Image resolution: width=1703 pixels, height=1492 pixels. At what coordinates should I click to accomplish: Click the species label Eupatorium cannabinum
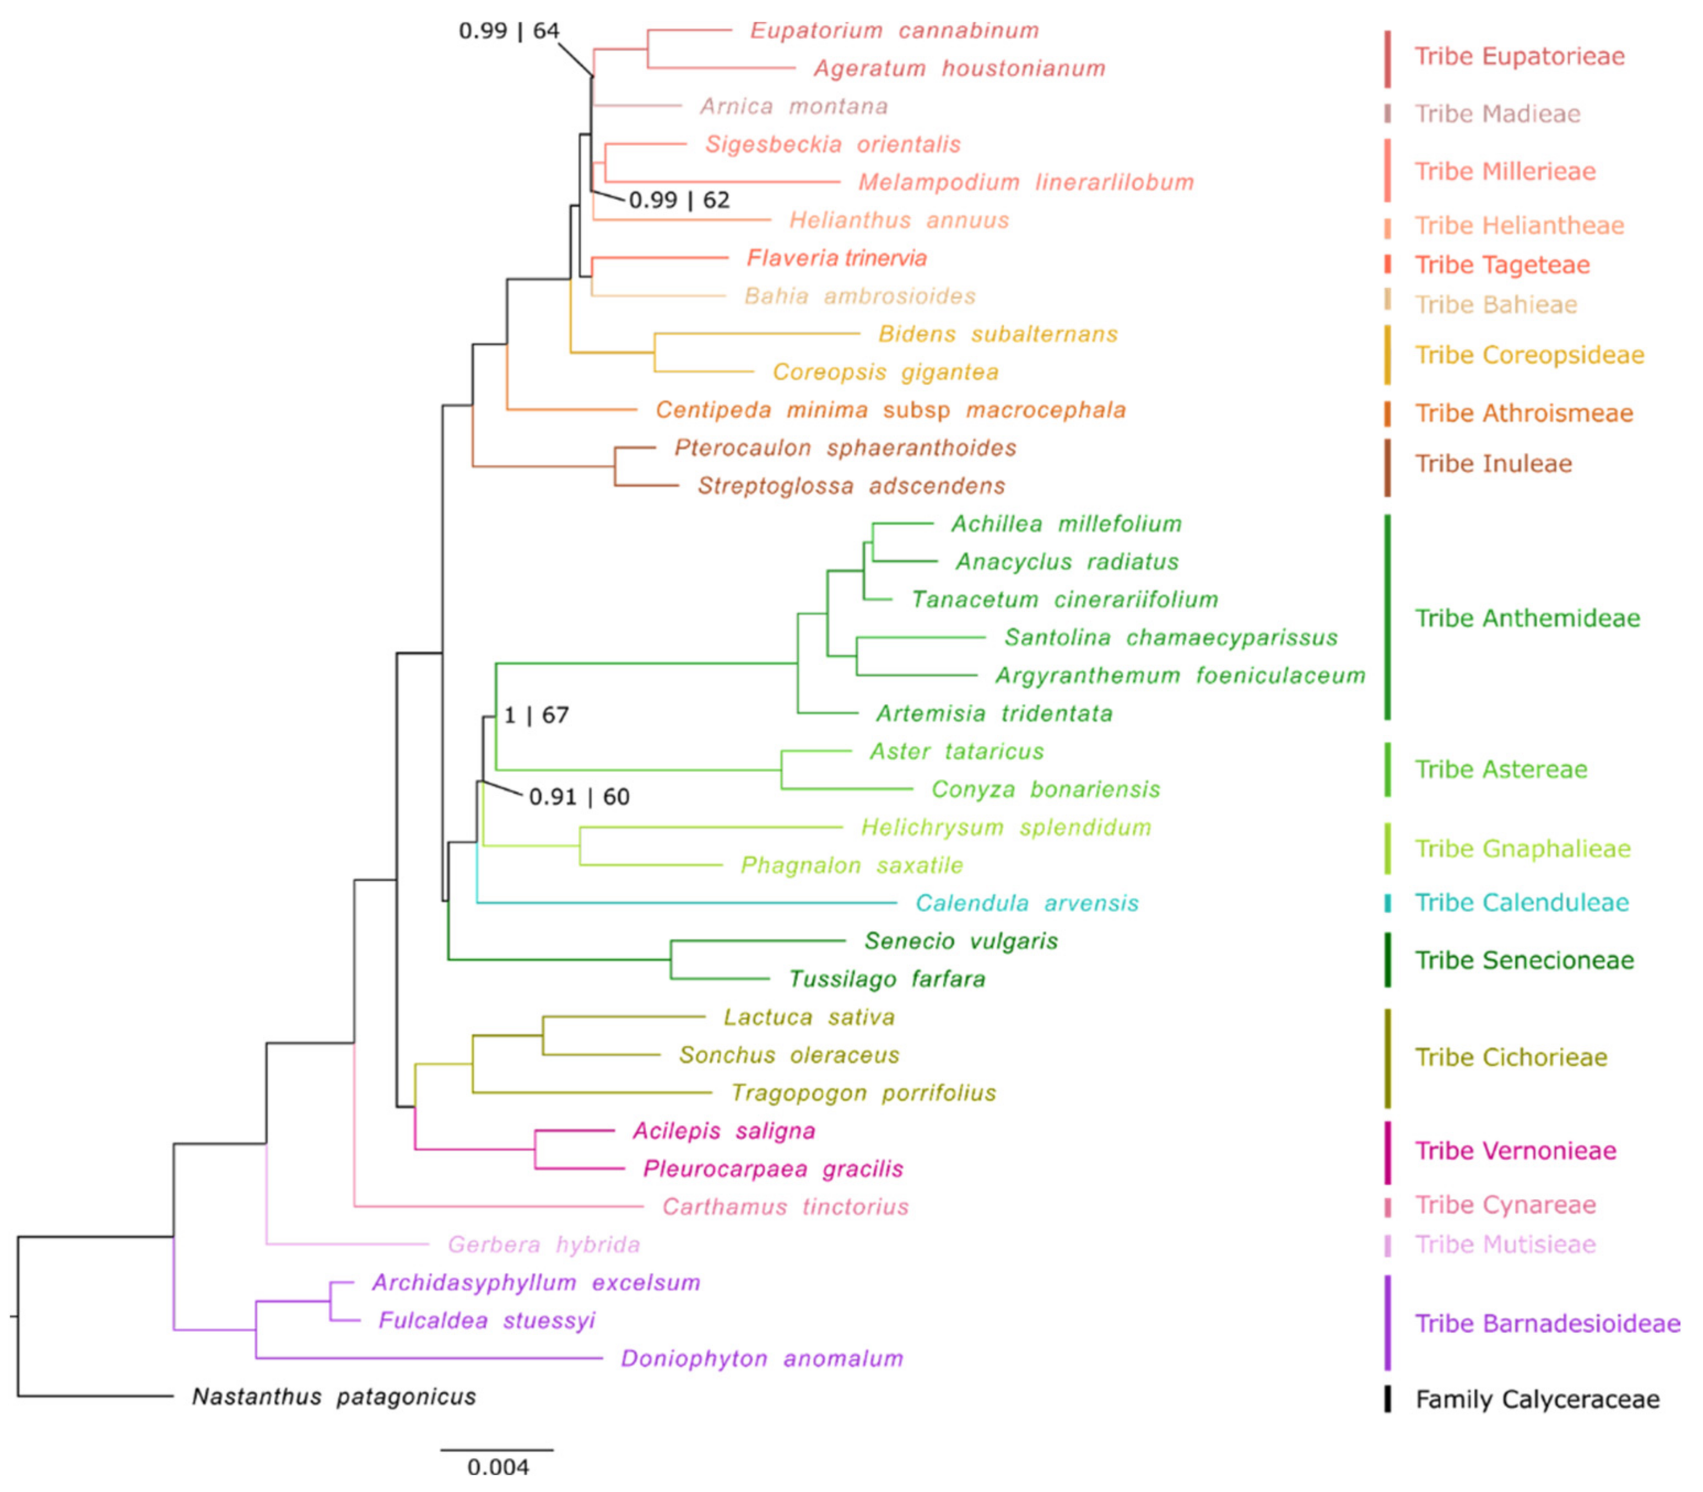tap(894, 31)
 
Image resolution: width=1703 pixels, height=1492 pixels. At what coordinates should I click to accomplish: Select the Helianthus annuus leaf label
tap(899, 220)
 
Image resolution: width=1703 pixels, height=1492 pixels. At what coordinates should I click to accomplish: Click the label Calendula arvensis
tap(1026, 903)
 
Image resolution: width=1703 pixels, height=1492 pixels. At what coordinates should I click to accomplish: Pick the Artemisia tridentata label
tap(994, 714)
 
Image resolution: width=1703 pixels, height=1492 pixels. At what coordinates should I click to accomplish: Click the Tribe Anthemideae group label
tap(1527, 618)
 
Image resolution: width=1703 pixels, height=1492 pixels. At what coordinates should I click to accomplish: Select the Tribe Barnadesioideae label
tap(1547, 1324)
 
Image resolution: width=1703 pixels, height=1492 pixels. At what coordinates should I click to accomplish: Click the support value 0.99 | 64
tap(509, 31)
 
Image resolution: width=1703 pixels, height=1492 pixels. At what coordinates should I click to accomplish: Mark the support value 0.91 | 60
tap(579, 797)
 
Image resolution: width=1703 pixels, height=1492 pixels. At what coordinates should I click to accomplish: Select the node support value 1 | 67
tap(536, 715)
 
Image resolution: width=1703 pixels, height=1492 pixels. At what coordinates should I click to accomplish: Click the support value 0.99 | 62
tap(679, 200)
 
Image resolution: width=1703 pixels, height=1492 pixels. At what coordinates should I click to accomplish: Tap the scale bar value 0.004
tap(498, 1466)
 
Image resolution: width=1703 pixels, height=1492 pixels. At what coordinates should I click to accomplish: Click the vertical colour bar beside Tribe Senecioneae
tap(1387, 960)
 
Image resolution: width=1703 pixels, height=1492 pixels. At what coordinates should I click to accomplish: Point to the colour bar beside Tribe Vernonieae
tap(1387, 1152)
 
